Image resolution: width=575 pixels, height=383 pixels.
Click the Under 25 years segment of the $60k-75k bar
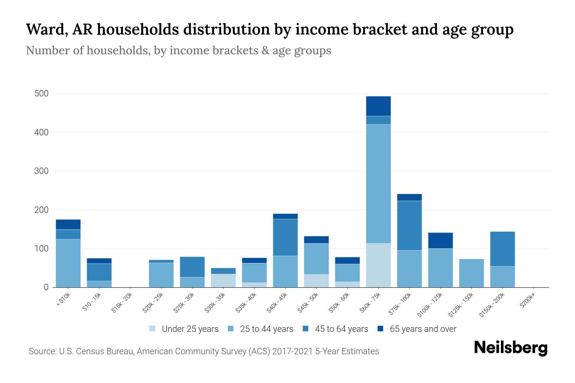click(x=378, y=265)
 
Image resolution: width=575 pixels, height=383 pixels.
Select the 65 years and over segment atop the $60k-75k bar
click(x=378, y=106)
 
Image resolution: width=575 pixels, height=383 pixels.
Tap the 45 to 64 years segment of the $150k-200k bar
click(x=502, y=249)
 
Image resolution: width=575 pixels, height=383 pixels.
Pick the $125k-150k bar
click(x=471, y=273)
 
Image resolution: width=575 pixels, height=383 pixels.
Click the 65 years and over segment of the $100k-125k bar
click(x=441, y=240)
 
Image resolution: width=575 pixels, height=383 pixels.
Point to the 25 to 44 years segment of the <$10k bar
click(x=68, y=263)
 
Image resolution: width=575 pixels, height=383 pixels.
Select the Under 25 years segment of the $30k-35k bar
click(x=223, y=281)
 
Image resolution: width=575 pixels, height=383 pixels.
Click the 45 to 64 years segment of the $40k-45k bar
click(x=285, y=237)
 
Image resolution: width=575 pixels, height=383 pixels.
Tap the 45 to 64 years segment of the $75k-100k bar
click(x=409, y=225)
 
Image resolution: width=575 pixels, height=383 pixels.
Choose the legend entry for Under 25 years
click(x=184, y=329)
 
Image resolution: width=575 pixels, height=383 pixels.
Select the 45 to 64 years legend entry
click(x=335, y=329)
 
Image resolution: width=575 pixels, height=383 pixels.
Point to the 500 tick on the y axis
click(x=42, y=94)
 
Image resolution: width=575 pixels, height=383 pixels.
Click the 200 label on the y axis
click(x=42, y=210)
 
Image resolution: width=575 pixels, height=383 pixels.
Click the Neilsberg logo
click(x=510, y=348)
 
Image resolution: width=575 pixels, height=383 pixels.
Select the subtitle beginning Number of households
click(x=178, y=50)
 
